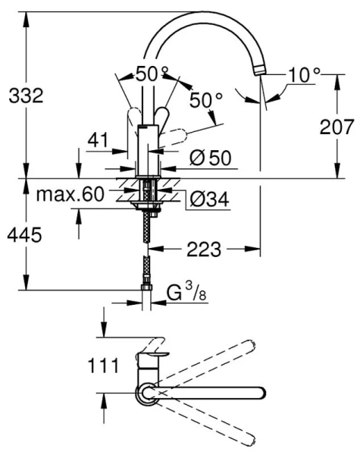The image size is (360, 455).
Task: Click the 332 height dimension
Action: tap(25, 96)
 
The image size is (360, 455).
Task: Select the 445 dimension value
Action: tap(25, 235)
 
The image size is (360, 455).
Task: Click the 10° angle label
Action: tap(305, 74)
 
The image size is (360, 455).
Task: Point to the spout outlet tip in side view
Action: tap(262, 71)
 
